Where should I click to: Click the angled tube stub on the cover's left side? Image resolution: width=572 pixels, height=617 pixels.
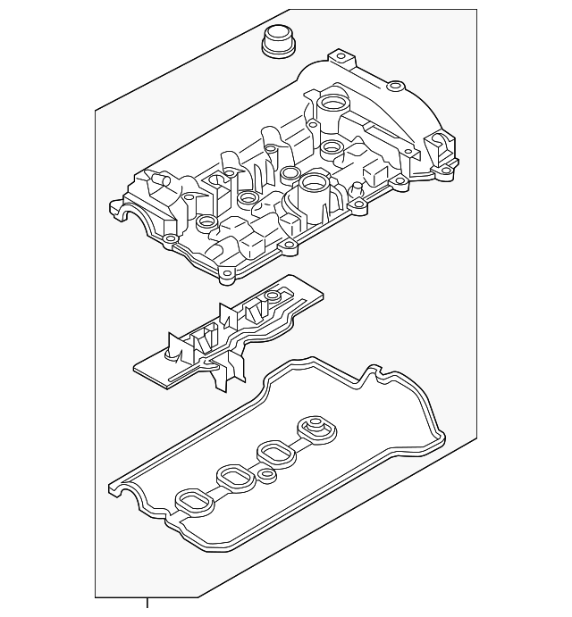pyautogui.click(x=158, y=184)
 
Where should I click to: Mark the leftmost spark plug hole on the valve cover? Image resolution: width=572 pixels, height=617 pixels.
pyautogui.click(x=207, y=221)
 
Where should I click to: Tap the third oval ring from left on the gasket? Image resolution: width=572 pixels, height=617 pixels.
pyautogui.click(x=272, y=454)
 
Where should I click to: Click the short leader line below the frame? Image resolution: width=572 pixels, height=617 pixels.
pyautogui.click(x=147, y=604)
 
